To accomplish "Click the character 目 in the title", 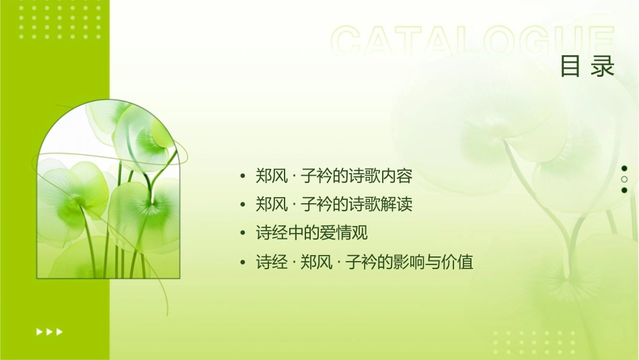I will (x=570, y=67).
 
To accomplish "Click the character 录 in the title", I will (x=603, y=67).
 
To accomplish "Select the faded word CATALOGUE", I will (x=474, y=42).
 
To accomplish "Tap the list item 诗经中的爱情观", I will (x=312, y=233).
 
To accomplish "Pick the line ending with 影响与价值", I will (x=365, y=262).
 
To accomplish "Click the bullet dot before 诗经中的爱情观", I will (x=243, y=234).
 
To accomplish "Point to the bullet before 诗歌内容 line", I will (x=243, y=177).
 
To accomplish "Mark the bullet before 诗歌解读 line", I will (x=243, y=205).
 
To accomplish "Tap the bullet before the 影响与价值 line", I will (x=243, y=262).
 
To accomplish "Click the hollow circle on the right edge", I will (x=624, y=180).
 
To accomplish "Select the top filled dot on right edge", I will (x=624, y=169).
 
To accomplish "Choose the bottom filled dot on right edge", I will (x=624, y=190).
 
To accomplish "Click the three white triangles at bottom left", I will (x=49, y=331).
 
